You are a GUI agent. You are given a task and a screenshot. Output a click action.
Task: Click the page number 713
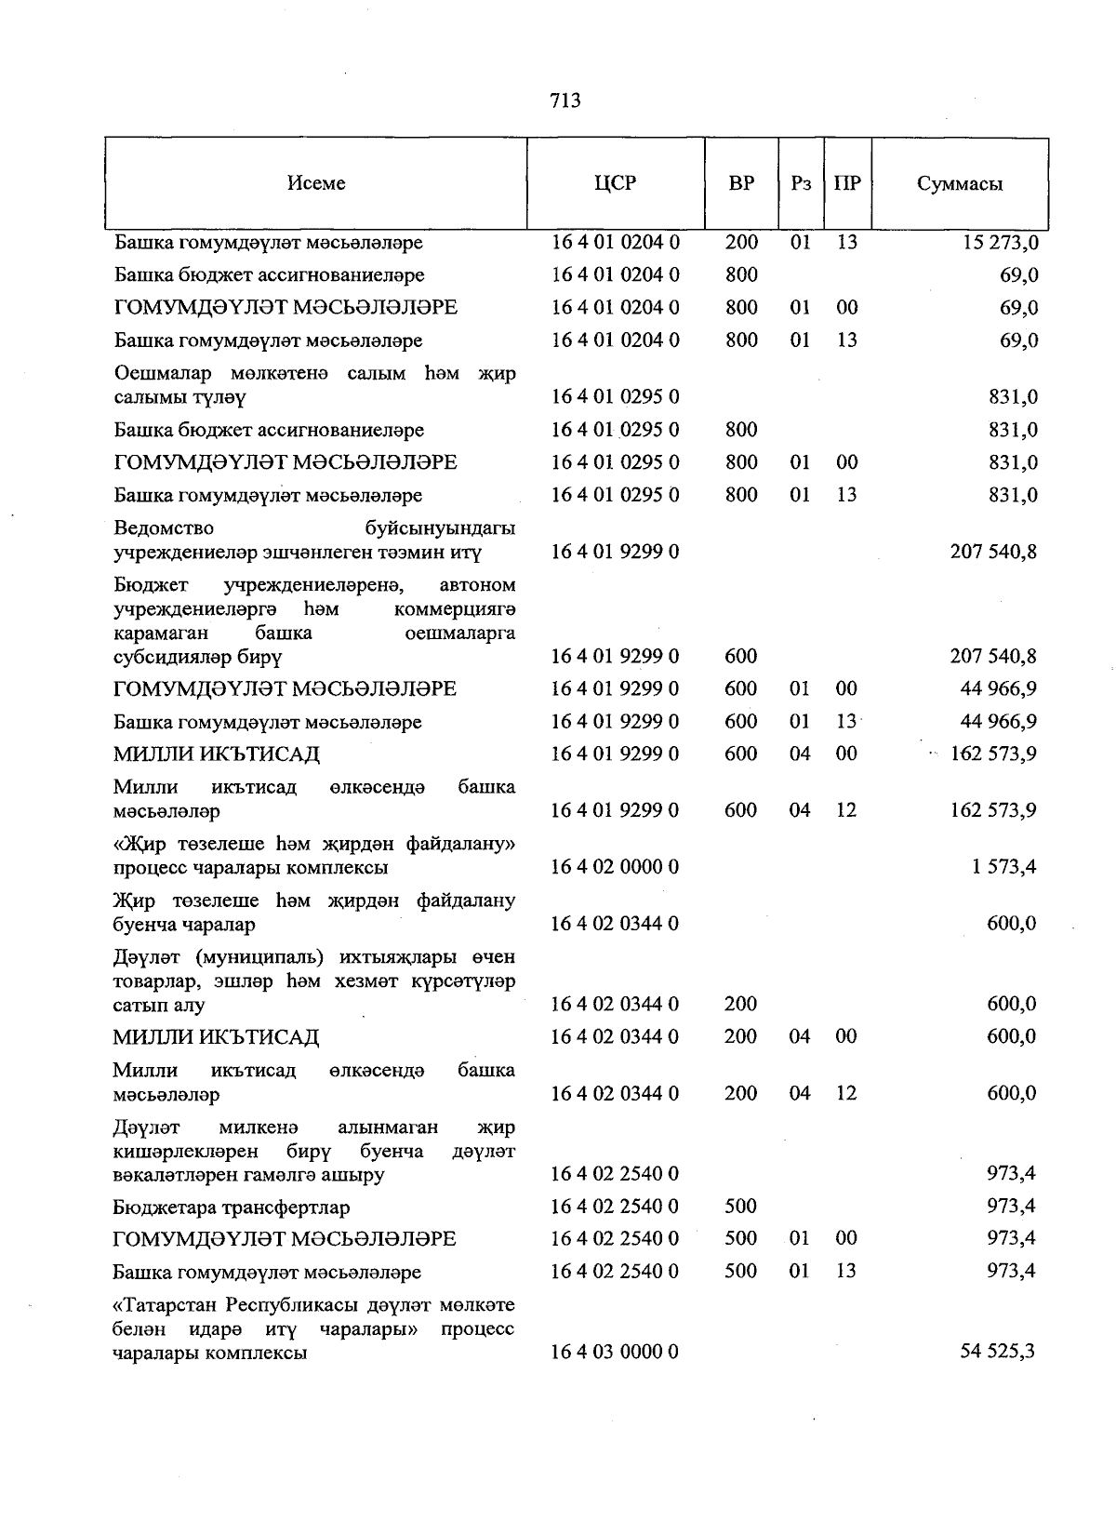pos(565,100)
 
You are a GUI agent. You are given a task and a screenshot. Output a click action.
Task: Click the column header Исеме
pos(316,183)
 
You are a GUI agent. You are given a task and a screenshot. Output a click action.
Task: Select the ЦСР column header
pos(615,183)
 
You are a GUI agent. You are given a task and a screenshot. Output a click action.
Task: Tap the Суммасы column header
pos(959,183)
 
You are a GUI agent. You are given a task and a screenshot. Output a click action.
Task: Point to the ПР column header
pos(847,183)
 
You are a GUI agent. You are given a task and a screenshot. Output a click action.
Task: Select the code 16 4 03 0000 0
pos(615,1352)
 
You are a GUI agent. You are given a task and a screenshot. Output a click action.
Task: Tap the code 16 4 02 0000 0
pos(615,867)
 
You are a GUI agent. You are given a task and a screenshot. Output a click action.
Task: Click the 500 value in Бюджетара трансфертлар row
pos(740,1207)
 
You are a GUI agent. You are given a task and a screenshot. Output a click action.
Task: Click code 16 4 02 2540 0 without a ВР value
pos(615,1174)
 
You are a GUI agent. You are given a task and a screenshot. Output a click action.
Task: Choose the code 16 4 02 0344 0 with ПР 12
pos(615,1093)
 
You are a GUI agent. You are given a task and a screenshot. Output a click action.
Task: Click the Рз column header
pos(801,183)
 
